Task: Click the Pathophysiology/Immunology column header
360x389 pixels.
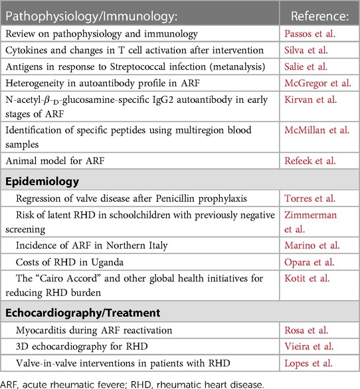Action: pyautogui.click(x=87, y=13)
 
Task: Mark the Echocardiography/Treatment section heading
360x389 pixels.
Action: pyautogui.click(x=77, y=310)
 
